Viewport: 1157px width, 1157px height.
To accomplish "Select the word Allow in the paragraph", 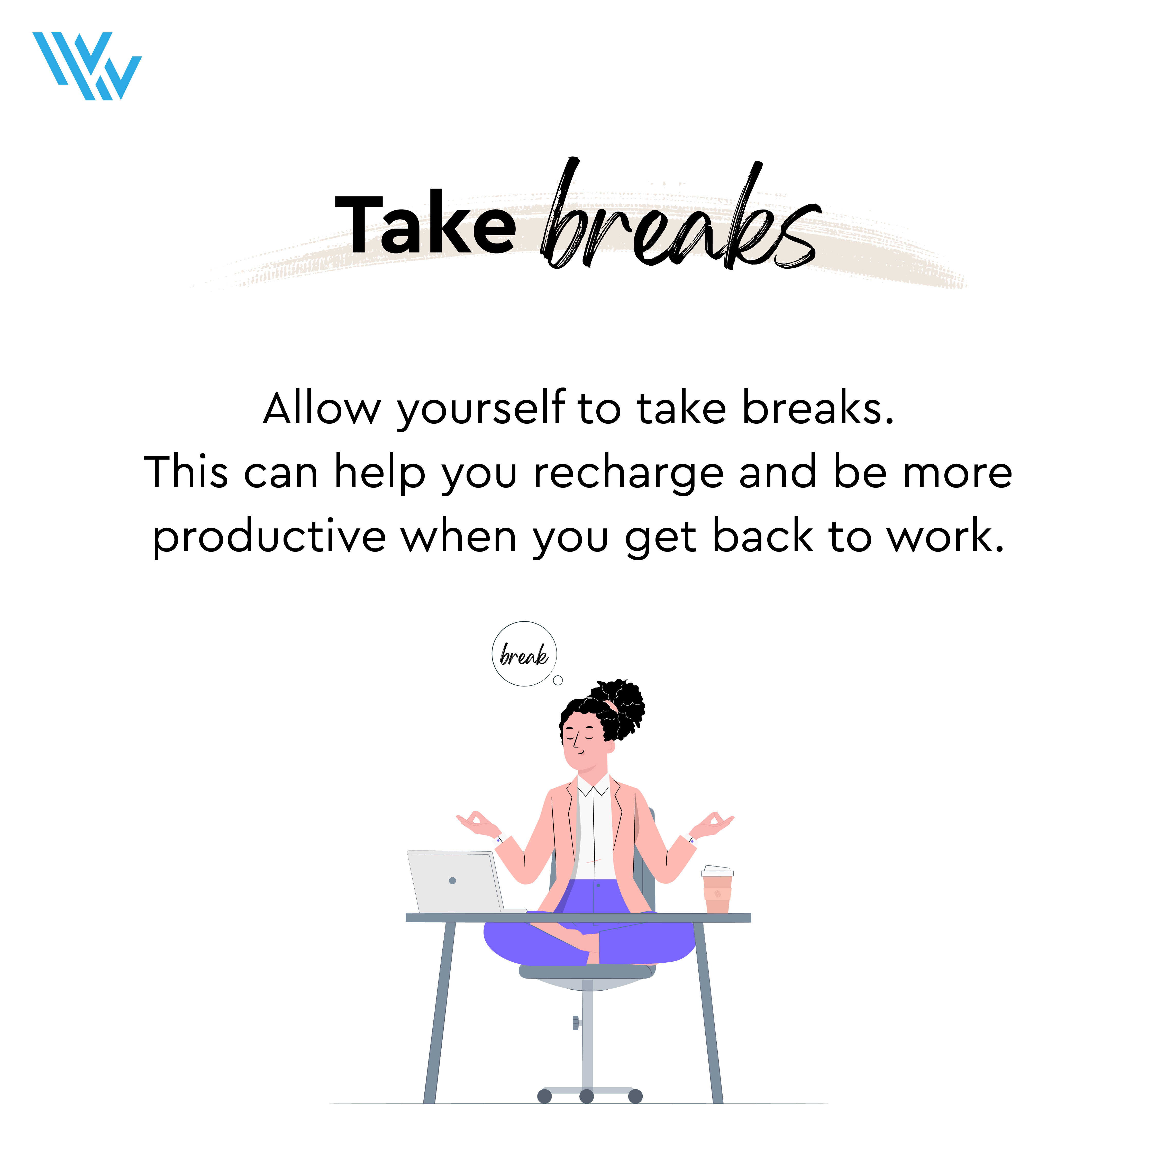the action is (322, 409).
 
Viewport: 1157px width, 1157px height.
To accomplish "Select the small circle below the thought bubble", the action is (558, 680).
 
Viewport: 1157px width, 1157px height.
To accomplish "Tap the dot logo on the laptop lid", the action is (452, 880).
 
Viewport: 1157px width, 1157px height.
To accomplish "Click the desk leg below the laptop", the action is (439, 1012).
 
